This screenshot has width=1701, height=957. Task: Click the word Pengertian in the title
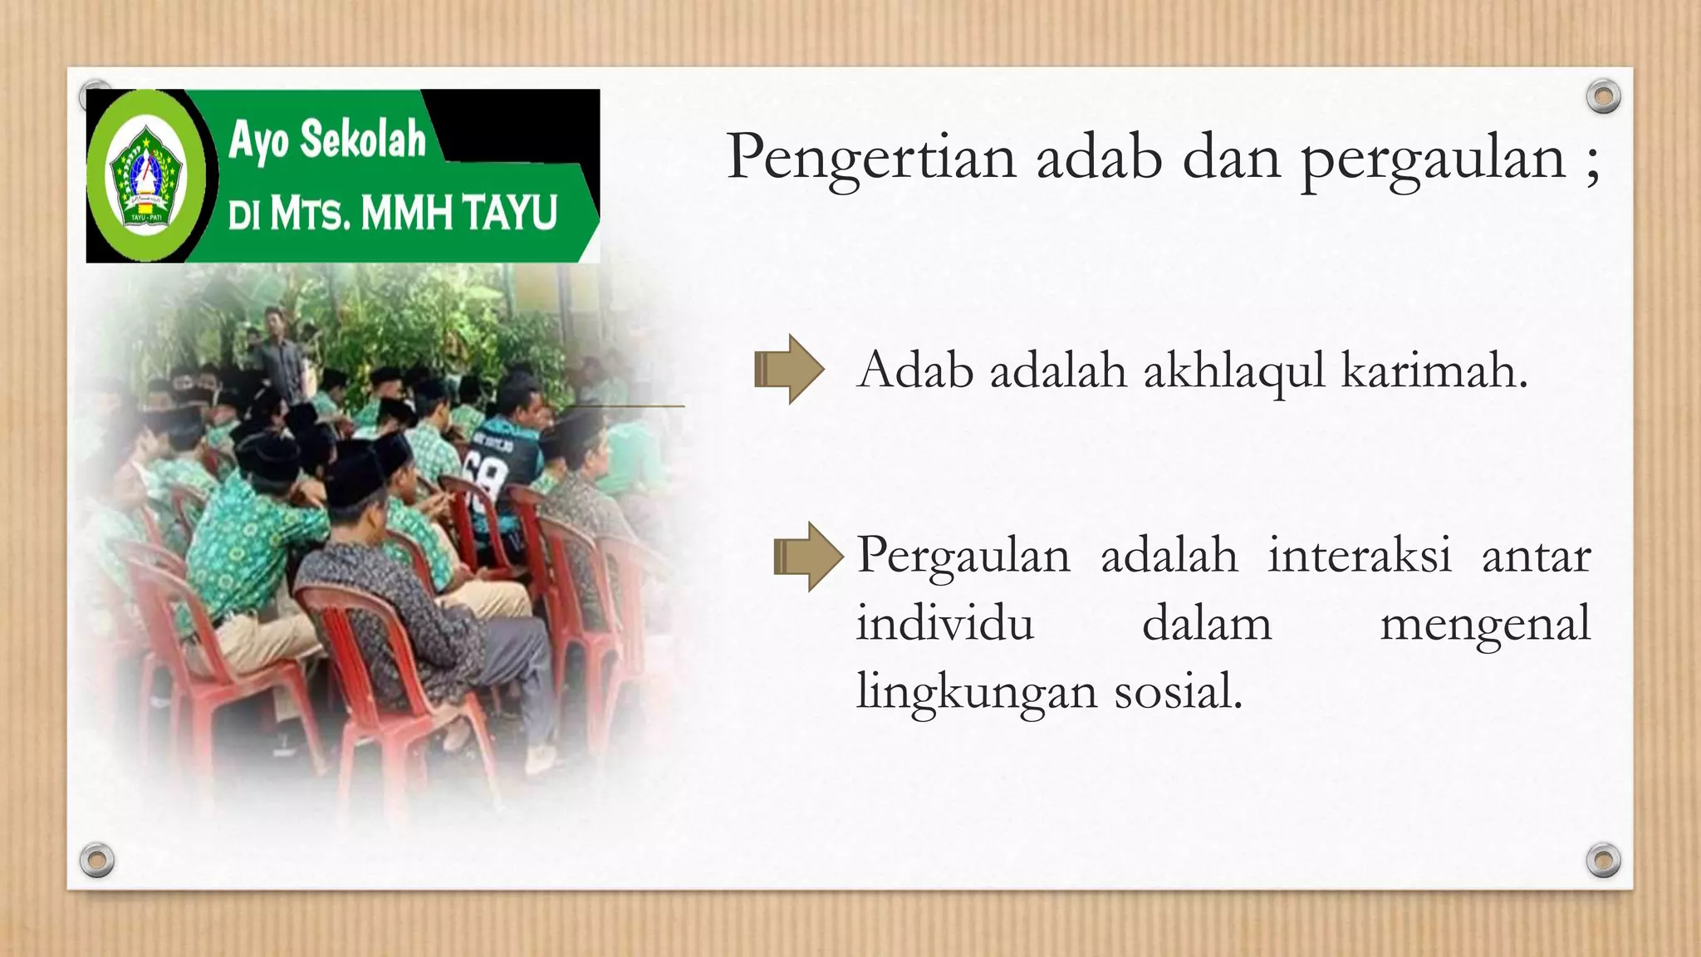[x=871, y=158]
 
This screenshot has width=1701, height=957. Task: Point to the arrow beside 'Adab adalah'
[x=788, y=370]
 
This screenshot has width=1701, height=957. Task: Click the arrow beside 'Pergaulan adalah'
[x=807, y=557]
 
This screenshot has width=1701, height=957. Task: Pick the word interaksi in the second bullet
[x=1359, y=555]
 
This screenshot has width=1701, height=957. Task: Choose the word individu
[x=945, y=623]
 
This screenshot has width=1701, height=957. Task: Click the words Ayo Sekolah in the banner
[x=326, y=139]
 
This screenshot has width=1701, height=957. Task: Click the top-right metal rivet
[x=1603, y=97]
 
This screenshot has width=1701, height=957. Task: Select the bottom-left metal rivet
[x=96, y=860]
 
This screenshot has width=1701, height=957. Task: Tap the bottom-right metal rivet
[x=1603, y=860]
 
